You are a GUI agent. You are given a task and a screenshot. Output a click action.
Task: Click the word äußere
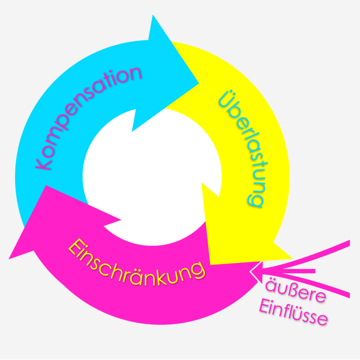click(295, 291)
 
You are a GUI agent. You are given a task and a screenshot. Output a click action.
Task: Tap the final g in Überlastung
click(255, 200)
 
